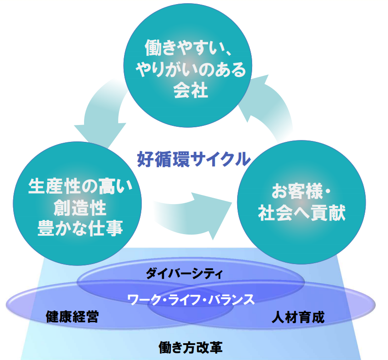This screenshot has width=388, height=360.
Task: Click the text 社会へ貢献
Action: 301,213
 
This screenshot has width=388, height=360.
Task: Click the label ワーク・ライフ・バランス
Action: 190,300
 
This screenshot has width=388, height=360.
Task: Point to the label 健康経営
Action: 72,317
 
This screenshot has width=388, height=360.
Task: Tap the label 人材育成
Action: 298,317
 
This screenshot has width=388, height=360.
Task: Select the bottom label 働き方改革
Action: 190,348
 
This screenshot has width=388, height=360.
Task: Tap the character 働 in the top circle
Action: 154,47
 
